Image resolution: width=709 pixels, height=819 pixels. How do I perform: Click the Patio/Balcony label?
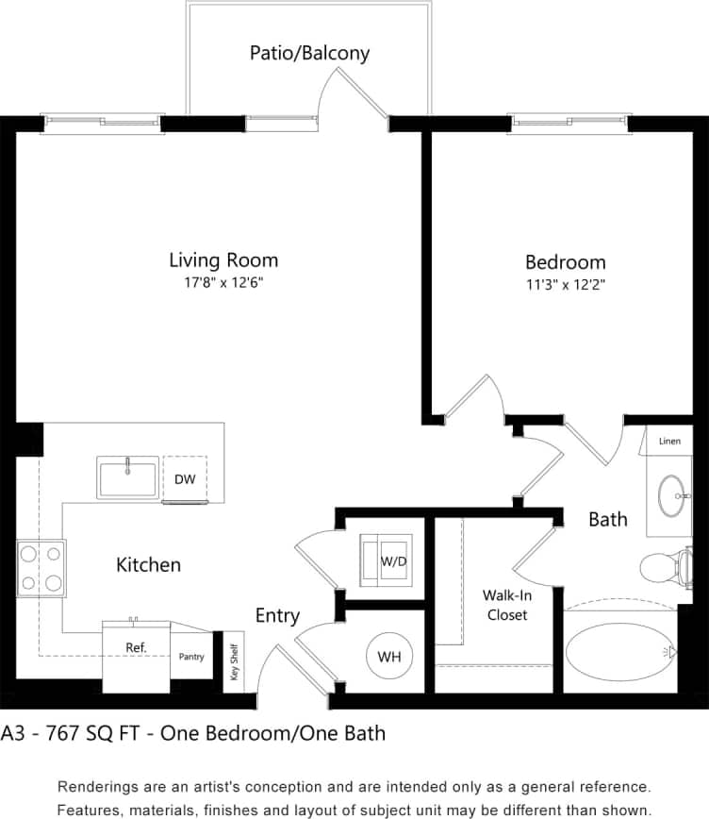click(309, 53)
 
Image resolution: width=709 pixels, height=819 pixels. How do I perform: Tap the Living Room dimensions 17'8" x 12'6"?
click(223, 282)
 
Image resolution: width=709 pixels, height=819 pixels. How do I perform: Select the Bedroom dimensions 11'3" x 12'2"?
click(565, 284)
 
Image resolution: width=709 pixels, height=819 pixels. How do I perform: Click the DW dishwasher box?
click(185, 479)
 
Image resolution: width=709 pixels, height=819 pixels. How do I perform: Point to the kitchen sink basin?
click(128, 477)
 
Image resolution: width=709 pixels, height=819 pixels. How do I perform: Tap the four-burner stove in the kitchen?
click(41, 569)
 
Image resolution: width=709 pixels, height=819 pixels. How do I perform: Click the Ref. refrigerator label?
click(135, 648)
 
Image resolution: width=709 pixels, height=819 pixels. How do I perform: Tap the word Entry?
click(277, 616)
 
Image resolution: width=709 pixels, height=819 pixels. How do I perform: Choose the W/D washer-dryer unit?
click(387, 560)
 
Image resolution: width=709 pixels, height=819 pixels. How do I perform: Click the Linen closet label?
click(669, 441)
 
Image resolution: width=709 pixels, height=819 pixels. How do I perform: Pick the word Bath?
click(608, 519)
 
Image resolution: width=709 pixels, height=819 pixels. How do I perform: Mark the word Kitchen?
click(148, 565)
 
